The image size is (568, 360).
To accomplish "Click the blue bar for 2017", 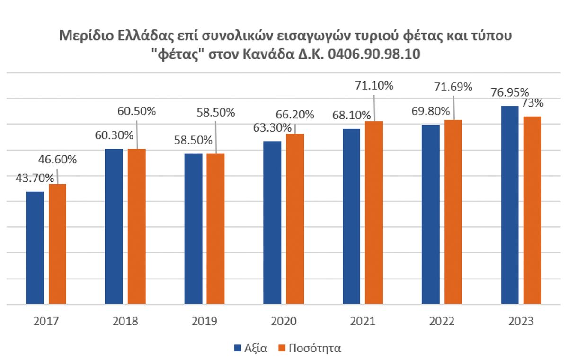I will (35, 247).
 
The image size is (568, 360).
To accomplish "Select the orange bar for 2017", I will (57, 243).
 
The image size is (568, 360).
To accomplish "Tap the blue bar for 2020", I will (272, 222).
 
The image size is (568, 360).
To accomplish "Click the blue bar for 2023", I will (509, 205).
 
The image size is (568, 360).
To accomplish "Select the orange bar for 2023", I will (532, 210).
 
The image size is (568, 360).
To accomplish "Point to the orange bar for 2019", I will (215, 228).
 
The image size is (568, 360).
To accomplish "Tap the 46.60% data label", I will (58, 160).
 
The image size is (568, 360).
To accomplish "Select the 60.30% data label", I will (114, 135).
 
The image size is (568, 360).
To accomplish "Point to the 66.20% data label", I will (295, 114).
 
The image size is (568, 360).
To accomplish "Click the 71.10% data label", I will (374, 86).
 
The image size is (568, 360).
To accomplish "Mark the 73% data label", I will (532, 103).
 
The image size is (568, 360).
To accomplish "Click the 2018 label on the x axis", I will (125, 322).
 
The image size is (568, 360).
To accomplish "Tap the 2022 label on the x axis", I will (442, 322).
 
